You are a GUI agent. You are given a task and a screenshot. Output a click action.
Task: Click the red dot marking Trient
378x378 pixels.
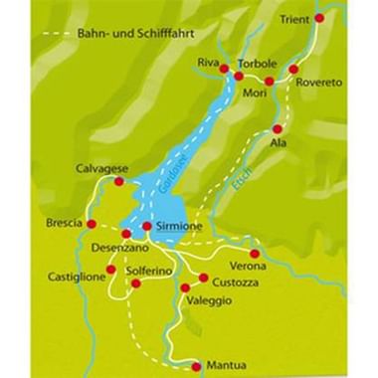pyautogui.click(x=318, y=19)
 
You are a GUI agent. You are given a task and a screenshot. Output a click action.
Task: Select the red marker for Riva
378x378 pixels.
pyautogui.click(x=224, y=69)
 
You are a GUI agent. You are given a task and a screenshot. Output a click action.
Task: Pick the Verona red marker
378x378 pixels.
pyautogui.click(x=255, y=255)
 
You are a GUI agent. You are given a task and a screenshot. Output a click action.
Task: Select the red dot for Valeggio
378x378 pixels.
pyautogui.click(x=187, y=287)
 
